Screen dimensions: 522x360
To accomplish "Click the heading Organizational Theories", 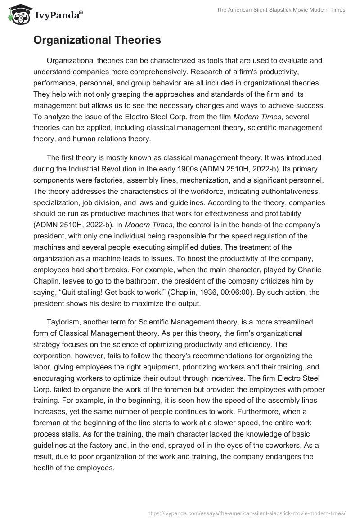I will (97, 40).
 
